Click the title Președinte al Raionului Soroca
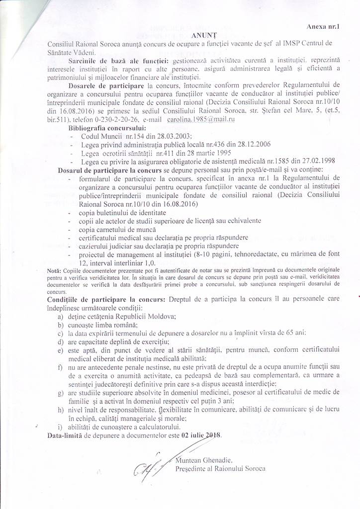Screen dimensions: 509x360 click(x=221, y=468)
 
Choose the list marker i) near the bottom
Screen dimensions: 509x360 click(x=60, y=426)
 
